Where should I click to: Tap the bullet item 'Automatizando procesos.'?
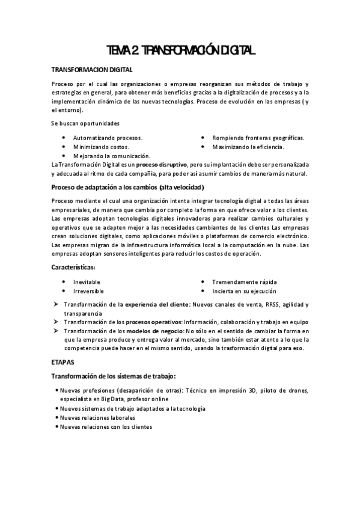pos(108,138)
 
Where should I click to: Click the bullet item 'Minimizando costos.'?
pos(101,147)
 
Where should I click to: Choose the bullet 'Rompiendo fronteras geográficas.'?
pos(258,138)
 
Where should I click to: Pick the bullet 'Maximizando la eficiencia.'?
pos(248,147)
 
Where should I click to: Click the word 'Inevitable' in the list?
pos(87,282)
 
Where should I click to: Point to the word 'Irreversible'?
pos(88,290)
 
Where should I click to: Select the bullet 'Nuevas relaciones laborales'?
pos(97,417)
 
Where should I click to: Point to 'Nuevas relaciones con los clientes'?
pos(106,426)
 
